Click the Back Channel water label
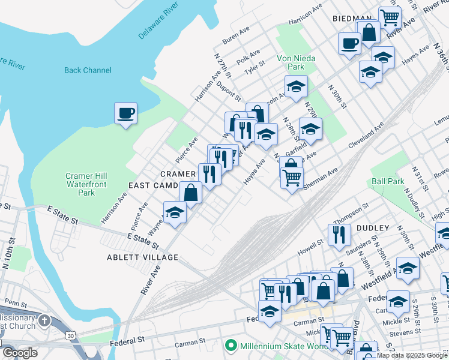tap(88, 70)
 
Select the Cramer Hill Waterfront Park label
tap(88, 184)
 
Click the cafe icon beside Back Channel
tap(125, 113)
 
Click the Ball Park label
tap(387, 181)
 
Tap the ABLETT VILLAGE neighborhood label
tap(143, 257)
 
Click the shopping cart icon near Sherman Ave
tap(292, 177)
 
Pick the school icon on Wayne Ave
tap(175, 213)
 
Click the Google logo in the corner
tap(20, 353)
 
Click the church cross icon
tap(44, 320)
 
